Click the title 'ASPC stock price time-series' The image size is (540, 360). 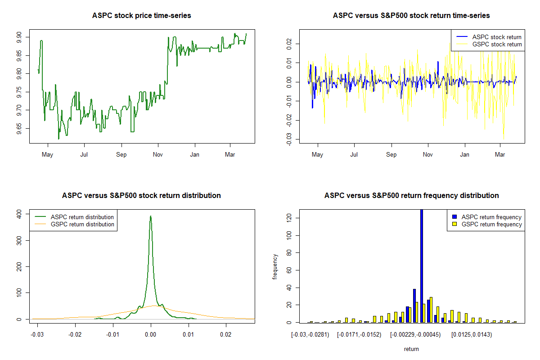click(x=141, y=16)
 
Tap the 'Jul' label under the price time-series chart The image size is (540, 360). click(x=84, y=155)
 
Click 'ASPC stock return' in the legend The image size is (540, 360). click(x=497, y=37)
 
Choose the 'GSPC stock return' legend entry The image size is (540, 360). click(x=497, y=44)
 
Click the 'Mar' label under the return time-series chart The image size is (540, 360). click(x=500, y=155)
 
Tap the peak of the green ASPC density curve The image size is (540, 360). click(x=151, y=216)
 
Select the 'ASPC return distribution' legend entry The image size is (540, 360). click(x=82, y=217)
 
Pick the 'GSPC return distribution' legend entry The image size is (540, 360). click(x=82, y=224)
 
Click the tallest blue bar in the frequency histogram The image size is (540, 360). click(x=422, y=265)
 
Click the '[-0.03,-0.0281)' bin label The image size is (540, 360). click(x=310, y=335)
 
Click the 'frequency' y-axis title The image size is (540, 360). click(x=275, y=266)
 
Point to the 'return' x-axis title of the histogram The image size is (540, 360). click(x=411, y=349)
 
